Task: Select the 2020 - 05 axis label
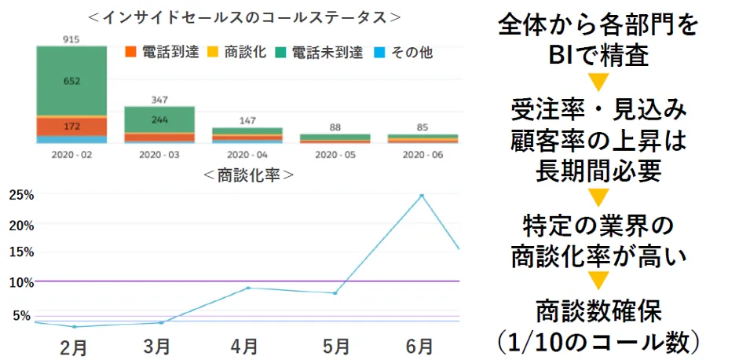335,155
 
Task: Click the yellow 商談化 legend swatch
213,53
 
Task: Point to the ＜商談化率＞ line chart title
248,175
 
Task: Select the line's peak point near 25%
422,196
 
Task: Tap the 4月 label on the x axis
245,346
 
